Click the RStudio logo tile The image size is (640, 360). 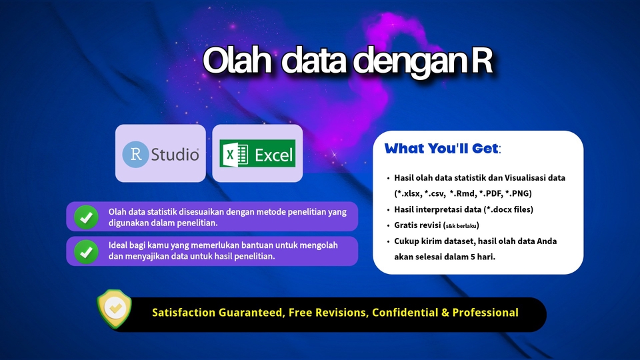(x=161, y=153)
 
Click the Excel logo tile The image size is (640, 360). (x=257, y=153)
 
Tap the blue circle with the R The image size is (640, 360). (x=135, y=155)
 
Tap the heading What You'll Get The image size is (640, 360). (x=441, y=149)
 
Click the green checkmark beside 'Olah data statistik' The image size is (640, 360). (x=86, y=217)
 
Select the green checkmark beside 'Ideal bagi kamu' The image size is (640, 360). (x=86, y=251)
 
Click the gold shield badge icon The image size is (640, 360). (x=115, y=309)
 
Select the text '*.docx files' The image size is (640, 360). (x=505, y=209)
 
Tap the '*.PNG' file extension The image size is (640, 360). (x=518, y=193)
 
